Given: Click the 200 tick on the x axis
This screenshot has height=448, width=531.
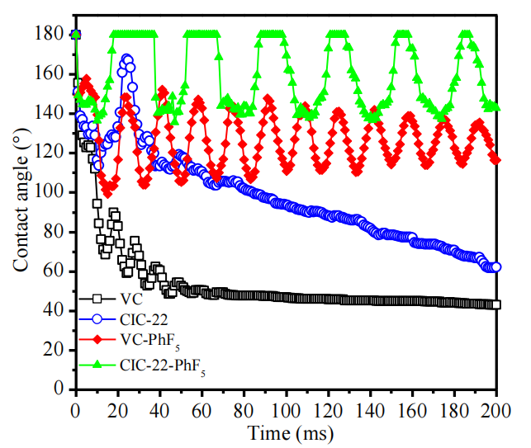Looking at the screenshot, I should [495, 407].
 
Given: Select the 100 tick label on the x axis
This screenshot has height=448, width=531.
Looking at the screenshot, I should [286, 407].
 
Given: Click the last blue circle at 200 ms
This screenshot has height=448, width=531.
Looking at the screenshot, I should [496, 267].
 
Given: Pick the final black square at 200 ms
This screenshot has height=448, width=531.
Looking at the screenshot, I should [496, 304].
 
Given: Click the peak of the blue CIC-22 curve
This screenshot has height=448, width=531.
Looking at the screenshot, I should [126, 59].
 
